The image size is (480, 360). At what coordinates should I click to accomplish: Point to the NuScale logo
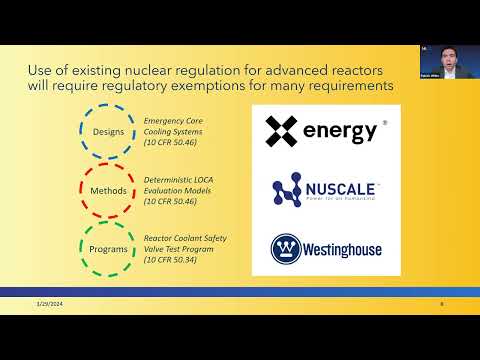tap(326, 190)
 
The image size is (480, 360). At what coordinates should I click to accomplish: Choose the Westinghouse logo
tap(326, 248)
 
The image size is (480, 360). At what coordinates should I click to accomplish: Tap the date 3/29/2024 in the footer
tap(49, 304)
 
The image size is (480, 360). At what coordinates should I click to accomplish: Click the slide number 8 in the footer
tap(441, 304)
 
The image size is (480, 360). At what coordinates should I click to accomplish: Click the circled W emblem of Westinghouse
tap(282, 248)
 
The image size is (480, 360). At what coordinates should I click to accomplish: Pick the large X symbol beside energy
tap(282, 131)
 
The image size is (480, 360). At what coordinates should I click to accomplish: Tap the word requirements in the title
tap(345, 87)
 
